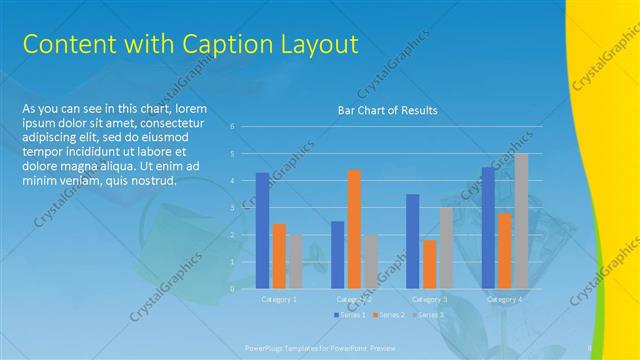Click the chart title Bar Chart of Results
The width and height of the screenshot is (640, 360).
coord(387,110)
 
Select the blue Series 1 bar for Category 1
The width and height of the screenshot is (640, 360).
coord(262,230)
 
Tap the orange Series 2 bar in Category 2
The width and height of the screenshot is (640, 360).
coord(354,229)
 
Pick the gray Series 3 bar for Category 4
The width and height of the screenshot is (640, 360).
coord(521,221)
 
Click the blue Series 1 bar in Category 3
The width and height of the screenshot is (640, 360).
coord(412,241)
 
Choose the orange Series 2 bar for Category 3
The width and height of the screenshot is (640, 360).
coord(429,264)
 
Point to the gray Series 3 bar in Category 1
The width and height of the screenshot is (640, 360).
coord(295,261)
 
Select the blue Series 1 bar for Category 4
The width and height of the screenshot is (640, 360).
coord(488,227)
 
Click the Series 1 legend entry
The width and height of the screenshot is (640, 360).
coord(349,315)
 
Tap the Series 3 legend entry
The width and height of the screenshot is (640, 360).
coord(429,315)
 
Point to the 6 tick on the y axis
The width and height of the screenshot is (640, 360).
coord(232,127)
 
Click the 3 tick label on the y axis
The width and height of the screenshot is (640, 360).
coord(232,208)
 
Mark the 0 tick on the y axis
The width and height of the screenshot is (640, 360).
coord(232,289)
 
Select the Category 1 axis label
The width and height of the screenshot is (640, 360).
coord(279,299)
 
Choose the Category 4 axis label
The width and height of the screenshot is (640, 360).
coord(504,299)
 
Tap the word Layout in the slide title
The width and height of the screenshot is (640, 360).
coord(318,44)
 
